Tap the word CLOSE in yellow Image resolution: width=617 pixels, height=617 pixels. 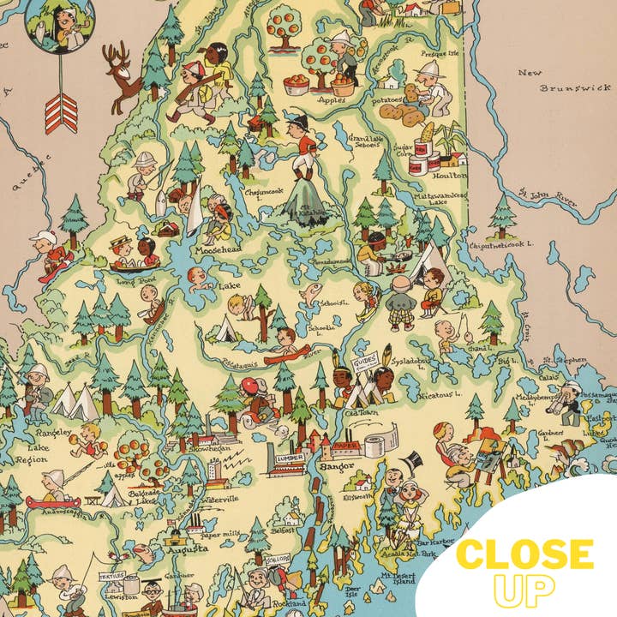click(525, 554)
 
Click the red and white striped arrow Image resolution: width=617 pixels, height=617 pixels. click(60, 109)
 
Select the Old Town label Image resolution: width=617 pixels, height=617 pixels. click(355, 413)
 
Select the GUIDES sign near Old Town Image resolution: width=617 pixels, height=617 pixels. click(363, 364)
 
